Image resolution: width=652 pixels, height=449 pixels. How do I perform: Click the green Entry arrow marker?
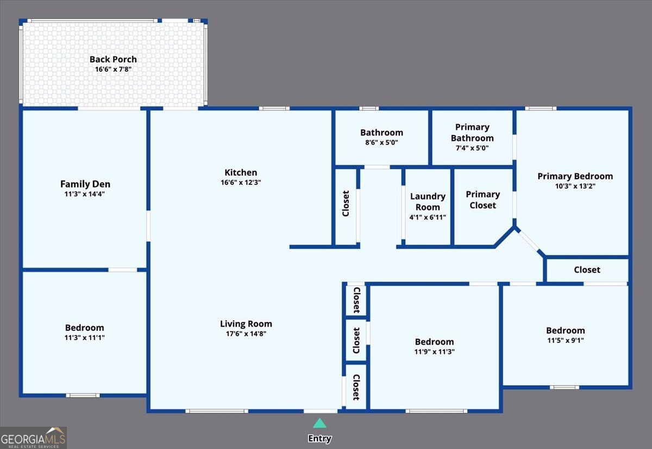coord(319,423)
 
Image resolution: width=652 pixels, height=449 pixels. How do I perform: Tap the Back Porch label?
coord(113,59)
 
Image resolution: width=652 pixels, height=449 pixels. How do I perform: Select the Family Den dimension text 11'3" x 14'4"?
coord(85,194)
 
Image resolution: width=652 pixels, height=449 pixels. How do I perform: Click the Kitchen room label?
coord(240,172)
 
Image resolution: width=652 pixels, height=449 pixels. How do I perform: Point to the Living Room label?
coord(246,323)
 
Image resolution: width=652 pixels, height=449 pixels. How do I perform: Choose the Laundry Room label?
coord(428,202)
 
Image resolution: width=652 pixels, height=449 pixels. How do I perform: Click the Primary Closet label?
coord(482,199)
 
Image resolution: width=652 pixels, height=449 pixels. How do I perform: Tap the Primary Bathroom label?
coord(472,133)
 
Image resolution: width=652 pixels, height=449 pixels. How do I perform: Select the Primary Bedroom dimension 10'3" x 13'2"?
coord(575,186)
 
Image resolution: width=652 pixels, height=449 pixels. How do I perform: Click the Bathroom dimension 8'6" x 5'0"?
coord(381,142)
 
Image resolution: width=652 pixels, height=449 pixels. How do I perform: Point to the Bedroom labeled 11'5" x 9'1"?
coord(565,330)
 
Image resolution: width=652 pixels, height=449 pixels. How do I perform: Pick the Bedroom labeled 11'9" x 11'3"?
coord(434,342)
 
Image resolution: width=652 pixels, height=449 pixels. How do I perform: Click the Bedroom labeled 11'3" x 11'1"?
coord(84,328)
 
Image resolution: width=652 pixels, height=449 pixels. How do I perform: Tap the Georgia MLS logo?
coord(33,438)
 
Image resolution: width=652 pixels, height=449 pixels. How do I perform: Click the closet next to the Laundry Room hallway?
coord(346,204)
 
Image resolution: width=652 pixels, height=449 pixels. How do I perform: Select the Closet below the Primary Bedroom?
coord(587,270)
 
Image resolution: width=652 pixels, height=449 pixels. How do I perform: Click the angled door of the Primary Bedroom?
coord(529,241)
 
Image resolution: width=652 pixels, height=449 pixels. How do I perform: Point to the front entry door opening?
coord(320,410)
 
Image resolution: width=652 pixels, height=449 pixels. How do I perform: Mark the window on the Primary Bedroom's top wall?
coord(540,109)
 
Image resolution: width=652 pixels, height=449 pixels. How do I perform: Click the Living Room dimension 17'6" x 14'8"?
coord(246,334)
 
